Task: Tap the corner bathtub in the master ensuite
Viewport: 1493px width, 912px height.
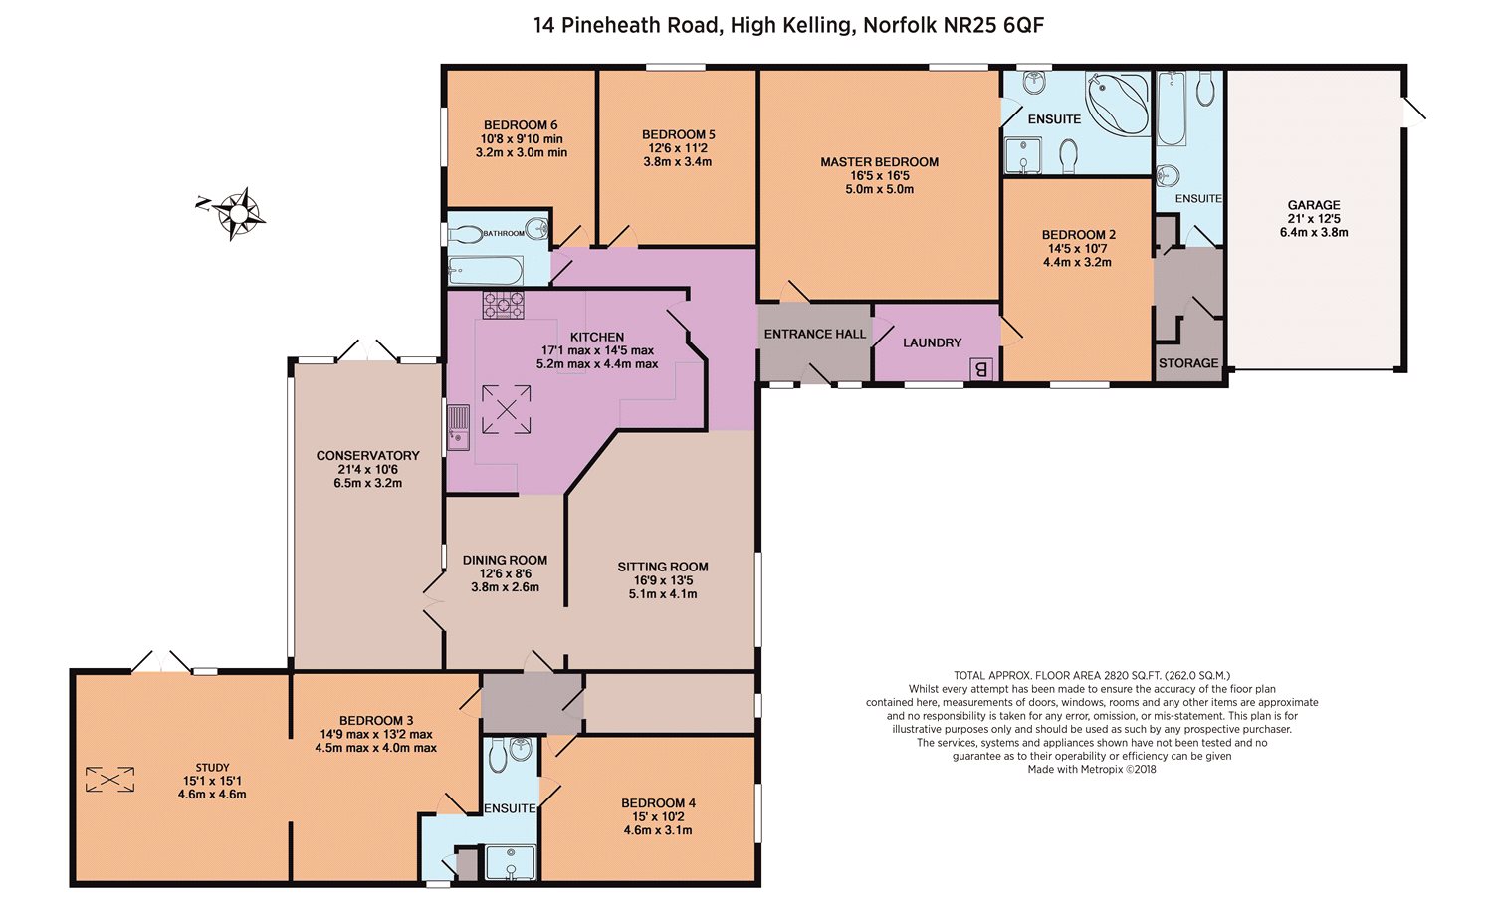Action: click(1117, 104)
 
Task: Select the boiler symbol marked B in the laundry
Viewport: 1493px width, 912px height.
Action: click(980, 369)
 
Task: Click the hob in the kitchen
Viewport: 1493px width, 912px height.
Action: click(504, 305)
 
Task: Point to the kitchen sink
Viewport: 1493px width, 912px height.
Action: click(458, 427)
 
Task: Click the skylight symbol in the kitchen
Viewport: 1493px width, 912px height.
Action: click(507, 410)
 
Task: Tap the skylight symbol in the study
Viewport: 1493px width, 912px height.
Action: click(109, 780)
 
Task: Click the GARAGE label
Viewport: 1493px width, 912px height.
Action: click(1314, 205)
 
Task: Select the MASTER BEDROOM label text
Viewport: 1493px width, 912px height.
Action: click(879, 162)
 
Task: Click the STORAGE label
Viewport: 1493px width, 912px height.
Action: click(1188, 363)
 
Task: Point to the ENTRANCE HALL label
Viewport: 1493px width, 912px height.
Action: click(814, 334)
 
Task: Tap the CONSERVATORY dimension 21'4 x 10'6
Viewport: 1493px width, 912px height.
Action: click(368, 469)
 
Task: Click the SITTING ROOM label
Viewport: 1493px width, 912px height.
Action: click(663, 568)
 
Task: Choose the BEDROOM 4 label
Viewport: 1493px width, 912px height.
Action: click(658, 803)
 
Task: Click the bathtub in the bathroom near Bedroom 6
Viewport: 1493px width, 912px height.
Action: click(486, 270)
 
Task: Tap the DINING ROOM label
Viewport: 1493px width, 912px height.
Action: click(505, 561)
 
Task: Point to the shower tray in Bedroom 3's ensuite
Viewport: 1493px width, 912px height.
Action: click(511, 862)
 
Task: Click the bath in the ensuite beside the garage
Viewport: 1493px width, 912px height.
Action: click(1172, 109)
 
